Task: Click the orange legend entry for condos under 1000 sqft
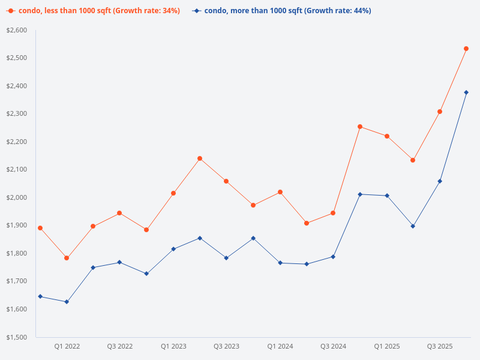[93, 11]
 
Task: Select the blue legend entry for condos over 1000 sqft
[282, 11]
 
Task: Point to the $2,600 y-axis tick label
[17, 30]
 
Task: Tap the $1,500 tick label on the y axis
[17, 337]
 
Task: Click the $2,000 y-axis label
[17, 197]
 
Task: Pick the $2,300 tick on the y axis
[17, 113]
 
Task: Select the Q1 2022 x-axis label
[67, 346]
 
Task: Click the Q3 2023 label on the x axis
[226, 346]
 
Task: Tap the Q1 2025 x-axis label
[387, 346]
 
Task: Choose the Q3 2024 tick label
[333, 346]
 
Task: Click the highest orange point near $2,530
[466, 49]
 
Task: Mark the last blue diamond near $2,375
[466, 92]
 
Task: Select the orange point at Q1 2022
[67, 258]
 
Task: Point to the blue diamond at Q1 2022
[67, 302]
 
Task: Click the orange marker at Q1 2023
[173, 193]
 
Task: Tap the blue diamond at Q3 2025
[440, 181]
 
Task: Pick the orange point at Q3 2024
[333, 213]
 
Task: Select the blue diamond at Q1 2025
[387, 196]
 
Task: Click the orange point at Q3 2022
[119, 213]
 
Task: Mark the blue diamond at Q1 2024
[280, 263]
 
